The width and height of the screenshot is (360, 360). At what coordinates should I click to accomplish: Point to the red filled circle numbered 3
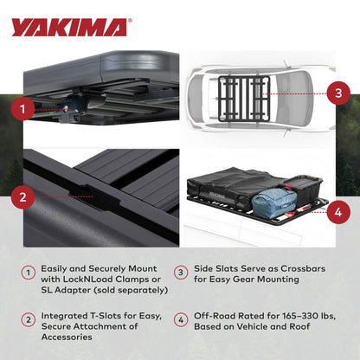338,92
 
